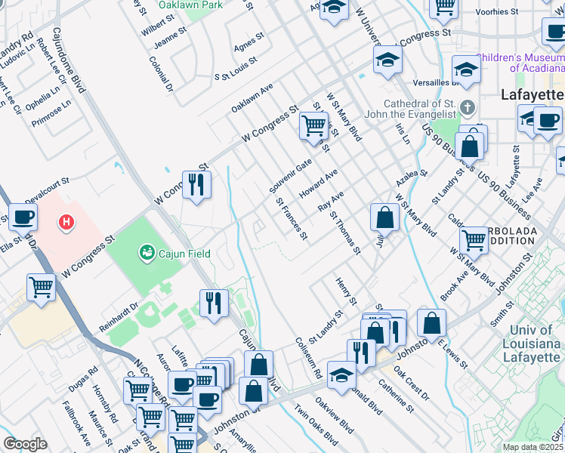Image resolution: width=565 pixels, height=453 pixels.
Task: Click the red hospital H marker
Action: (67, 223)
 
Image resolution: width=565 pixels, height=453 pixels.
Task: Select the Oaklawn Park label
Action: (190, 5)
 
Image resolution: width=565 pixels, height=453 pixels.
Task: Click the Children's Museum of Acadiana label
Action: (521, 62)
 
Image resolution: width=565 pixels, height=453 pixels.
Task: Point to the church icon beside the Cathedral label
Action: (468, 106)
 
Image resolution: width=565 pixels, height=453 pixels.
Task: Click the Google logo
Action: (25, 444)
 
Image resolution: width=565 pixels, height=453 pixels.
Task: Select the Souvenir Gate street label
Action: (291, 175)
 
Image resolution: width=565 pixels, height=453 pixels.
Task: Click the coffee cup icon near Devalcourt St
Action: (22, 218)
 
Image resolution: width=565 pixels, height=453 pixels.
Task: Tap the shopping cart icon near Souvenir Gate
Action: (313, 125)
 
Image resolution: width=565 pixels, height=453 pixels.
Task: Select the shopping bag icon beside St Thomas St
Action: (384, 217)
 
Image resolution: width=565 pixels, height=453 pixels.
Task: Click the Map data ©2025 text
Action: (533, 447)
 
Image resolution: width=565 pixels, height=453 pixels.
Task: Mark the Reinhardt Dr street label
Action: (120, 317)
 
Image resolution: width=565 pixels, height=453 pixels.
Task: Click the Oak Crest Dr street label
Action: (411, 384)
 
